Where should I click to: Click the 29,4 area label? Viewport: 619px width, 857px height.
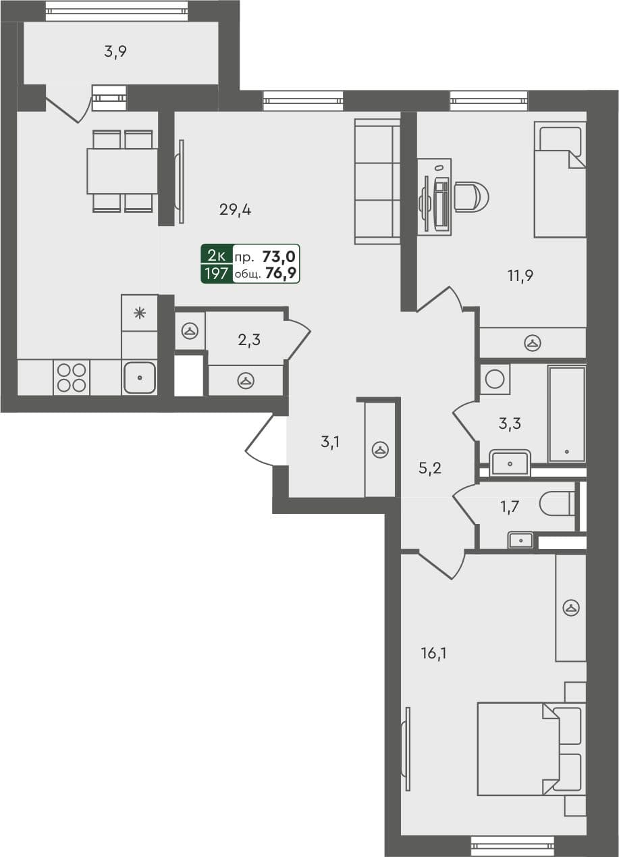pyautogui.click(x=235, y=210)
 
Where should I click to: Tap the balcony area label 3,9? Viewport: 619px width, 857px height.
pyautogui.click(x=115, y=52)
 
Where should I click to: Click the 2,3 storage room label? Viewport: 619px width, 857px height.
pyautogui.click(x=249, y=340)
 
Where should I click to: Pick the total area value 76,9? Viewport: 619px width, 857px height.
pyautogui.click(x=282, y=274)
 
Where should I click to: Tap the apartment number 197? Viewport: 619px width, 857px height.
pyautogui.click(x=217, y=274)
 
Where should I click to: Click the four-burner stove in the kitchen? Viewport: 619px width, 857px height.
pyautogui.click(x=71, y=378)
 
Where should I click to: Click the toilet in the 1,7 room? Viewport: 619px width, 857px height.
pyautogui.click(x=558, y=503)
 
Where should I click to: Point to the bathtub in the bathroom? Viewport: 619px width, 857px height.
pyautogui.click(x=566, y=414)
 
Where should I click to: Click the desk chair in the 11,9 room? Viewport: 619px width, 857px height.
pyautogui.click(x=470, y=197)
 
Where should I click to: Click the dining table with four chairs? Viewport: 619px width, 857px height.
pyautogui.click(x=122, y=172)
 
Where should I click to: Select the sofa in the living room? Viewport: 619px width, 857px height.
pyautogui.click(x=378, y=181)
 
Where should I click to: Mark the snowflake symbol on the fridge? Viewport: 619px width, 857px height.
pyautogui.click(x=140, y=312)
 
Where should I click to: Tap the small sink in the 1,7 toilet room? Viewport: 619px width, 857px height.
pyautogui.click(x=520, y=540)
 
